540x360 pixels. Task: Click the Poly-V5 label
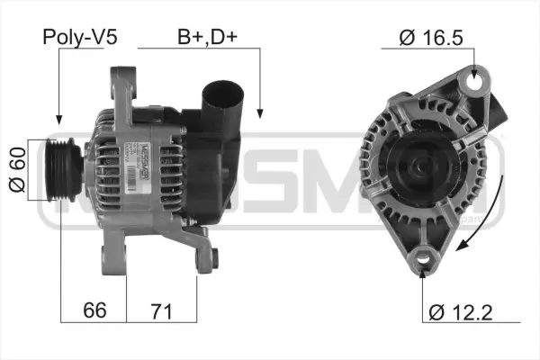coord(80,38)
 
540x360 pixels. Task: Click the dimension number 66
coord(94,310)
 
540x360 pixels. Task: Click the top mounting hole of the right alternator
coord(473,86)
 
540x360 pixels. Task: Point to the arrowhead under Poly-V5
coord(58,119)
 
